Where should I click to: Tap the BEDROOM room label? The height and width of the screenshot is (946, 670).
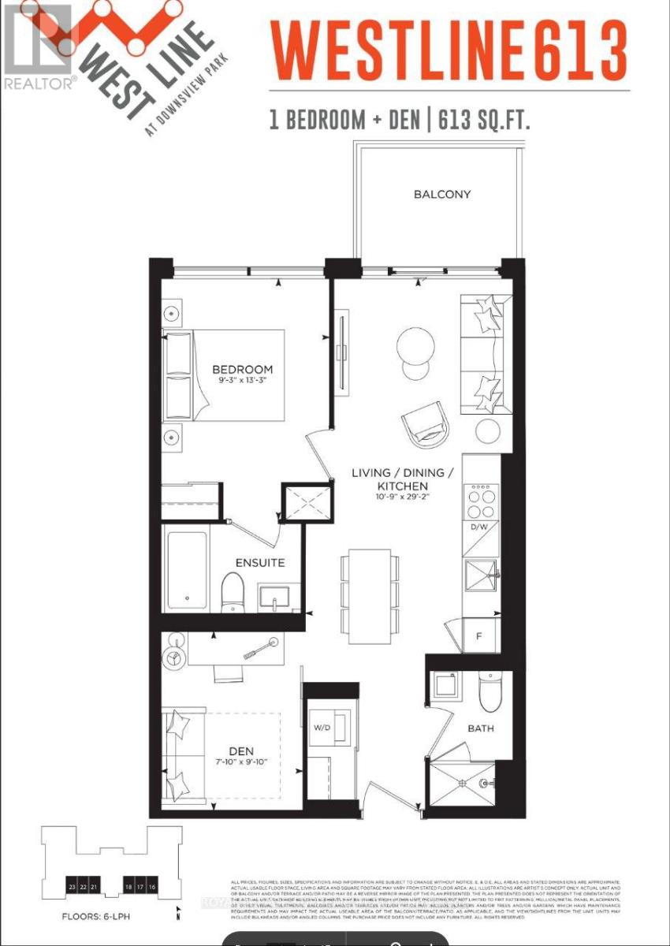[242, 369]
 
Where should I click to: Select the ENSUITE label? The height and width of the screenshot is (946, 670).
[259, 563]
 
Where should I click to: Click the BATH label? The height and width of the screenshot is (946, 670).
[480, 728]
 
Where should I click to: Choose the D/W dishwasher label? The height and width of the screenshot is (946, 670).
[480, 527]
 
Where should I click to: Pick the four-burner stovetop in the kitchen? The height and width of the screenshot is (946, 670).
[481, 494]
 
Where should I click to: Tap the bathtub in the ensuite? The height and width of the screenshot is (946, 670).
[186, 570]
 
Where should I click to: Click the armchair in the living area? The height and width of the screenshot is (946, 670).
[426, 424]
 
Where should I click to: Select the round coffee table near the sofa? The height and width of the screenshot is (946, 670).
[415, 345]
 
